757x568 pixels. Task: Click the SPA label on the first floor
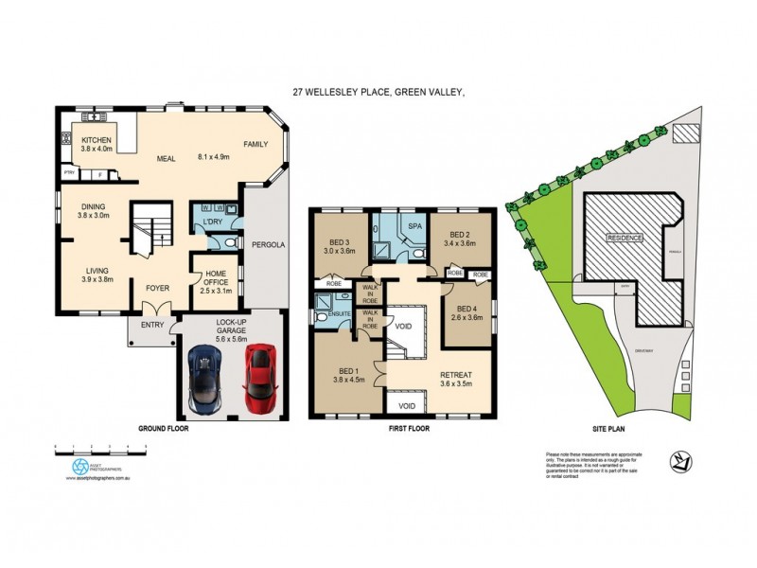pos(414,228)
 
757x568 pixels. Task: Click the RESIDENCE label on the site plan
pos(625,238)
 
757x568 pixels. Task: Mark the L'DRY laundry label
pos(211,221)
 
